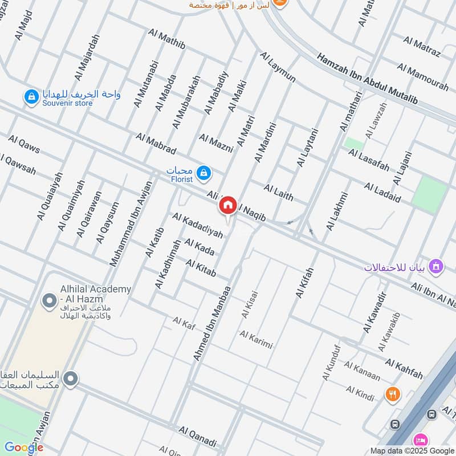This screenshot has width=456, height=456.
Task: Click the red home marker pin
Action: click(228, 205)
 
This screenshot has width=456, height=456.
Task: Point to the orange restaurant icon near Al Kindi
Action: click(392, 393)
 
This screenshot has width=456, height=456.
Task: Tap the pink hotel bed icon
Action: click(421, 440)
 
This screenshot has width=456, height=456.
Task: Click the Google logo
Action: click(24, 447)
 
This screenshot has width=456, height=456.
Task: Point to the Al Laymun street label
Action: click(278, 67)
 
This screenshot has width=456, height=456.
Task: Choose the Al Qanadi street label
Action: click(198, 437)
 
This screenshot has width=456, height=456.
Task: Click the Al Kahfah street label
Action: click(404, 369)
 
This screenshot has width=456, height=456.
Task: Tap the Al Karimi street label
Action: click(256, 339)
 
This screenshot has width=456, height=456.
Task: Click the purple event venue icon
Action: click(436, 266)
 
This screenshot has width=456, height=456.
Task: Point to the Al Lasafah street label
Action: click(369, 160)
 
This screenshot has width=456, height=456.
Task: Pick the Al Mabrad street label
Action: click(156, 143)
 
